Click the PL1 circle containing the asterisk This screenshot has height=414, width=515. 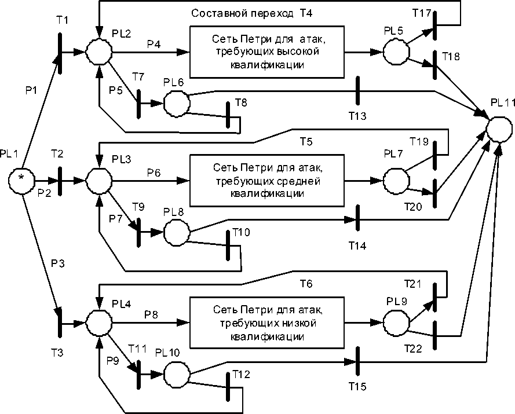tap(21, 179)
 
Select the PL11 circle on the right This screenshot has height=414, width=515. tap(499, 127)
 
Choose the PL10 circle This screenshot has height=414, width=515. tap(177, 371)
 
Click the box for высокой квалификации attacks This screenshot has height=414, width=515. tap(268, 51)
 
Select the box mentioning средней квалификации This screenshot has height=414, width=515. tap(268, 180)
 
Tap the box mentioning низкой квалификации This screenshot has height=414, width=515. tap(268, 322)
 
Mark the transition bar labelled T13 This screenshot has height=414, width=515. tap(358, 91)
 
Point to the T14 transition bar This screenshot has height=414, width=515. tap(358, 220)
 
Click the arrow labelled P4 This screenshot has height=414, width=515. tap(152, 51)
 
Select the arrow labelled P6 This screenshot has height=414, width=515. tap(152, 180)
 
